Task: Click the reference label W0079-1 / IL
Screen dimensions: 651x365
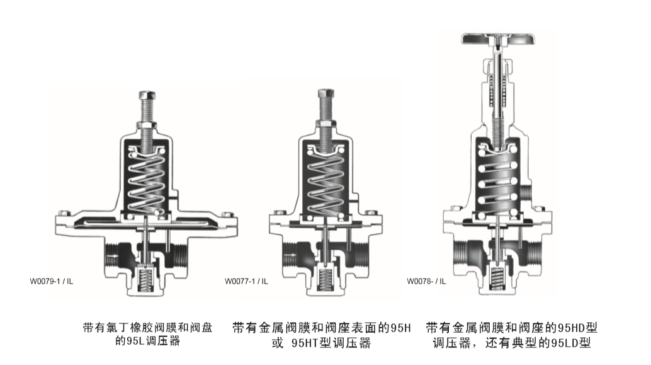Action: [x=51, y=281]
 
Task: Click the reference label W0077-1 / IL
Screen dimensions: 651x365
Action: [x=246, y=281]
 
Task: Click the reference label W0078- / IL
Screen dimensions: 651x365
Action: [x=426, y=281]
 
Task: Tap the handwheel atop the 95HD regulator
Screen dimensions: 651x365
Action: [x=498, y=39]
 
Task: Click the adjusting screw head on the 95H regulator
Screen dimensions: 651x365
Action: [x=326, y=93]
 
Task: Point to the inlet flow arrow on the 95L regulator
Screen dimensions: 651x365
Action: [x=111, y=256]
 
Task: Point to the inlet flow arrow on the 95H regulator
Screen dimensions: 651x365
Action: [x=291, y=255]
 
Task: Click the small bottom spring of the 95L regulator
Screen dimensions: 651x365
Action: [x=145, y=280]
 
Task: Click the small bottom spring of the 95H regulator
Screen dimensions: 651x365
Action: [x=325, y=279]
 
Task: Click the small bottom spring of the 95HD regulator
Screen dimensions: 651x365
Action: [x=497, y=278]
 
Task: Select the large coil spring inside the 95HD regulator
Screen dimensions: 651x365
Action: [x=497, y=182]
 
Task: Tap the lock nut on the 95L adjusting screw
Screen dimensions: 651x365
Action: [x=147, y=125]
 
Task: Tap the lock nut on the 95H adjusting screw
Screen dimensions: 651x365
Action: [x=326, y=123]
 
